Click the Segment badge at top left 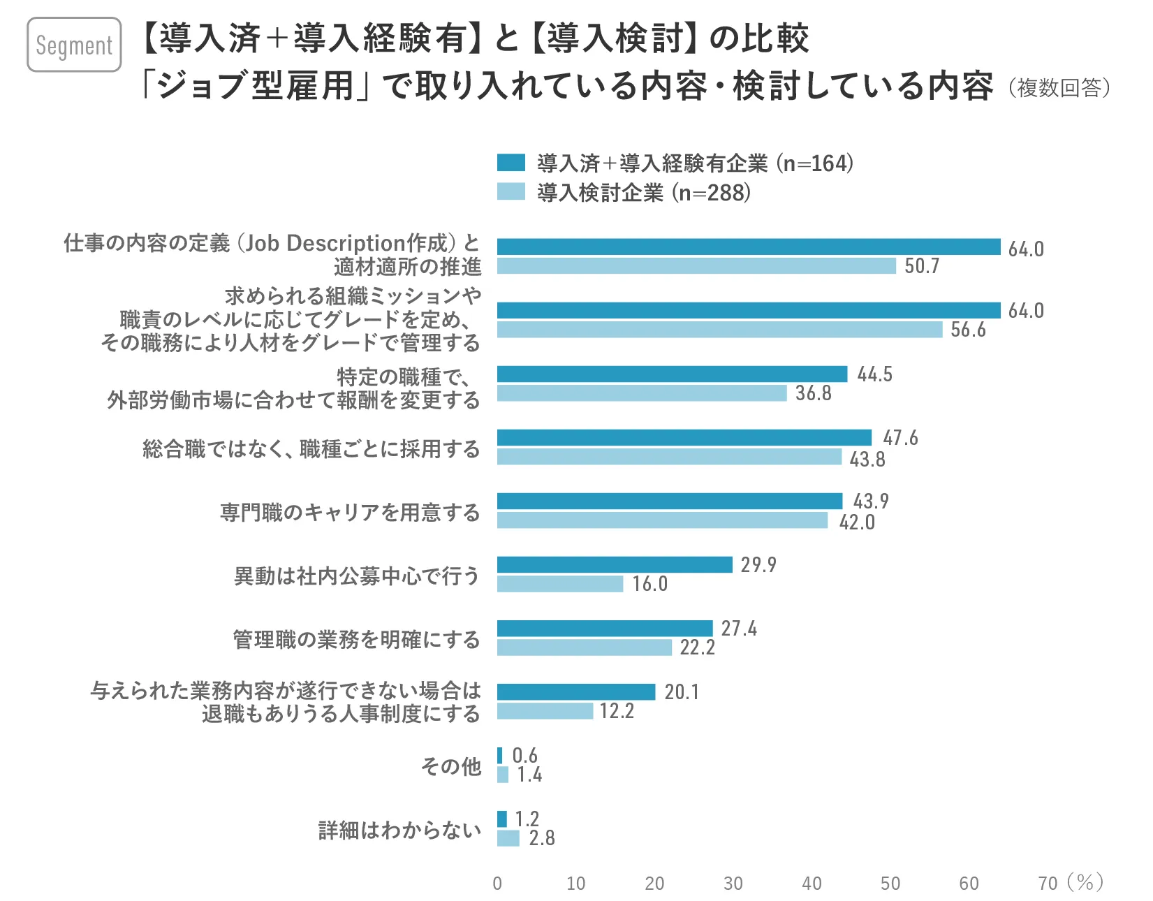(x=74, y=45)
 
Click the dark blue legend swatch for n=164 (x=511, y=163)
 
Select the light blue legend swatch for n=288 (x=511, y=191)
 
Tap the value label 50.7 (x=922, y=266)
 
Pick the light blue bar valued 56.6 (x=719, y=330)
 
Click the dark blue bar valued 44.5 (x=672, y=374)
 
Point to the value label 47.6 (x=900, y=438)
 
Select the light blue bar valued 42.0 (x=662, y=520)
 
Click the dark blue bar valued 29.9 (x=615, y=564)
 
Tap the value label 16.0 (x=649, y=584)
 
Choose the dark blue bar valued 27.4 (x=605, y=629)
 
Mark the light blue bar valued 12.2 (x=545, y=711)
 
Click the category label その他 (x=451, y=766)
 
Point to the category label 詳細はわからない (x=399, y=830)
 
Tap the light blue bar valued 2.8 (x=508, y=838)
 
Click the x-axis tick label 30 (x=733, y=884)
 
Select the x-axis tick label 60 (x=969, y=884)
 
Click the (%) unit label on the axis (x=1085, y=883)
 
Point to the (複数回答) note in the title (x=1059, y=88)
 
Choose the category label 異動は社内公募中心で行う (x=357, y=576)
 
